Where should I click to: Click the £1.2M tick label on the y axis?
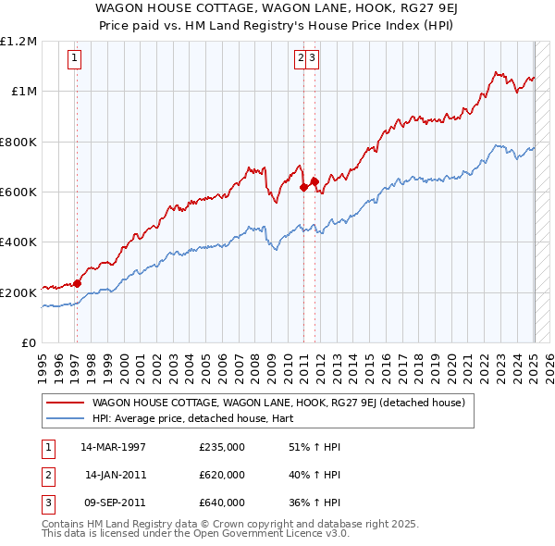coord(18,42)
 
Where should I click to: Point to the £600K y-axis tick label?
coord(18,192)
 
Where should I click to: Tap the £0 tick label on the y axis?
coord(29,342)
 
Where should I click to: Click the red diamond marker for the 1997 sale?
coord(77,284)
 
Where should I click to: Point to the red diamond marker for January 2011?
coord(303,187)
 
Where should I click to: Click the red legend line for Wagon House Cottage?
coord(66,403)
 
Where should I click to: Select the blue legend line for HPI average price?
coord(66,418)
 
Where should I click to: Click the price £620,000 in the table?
coord(222,475)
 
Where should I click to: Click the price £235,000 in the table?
coord(222,447)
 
